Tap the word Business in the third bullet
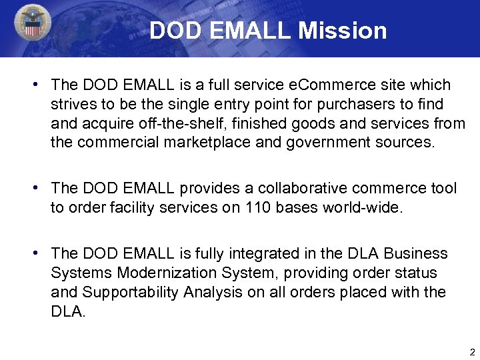coord(418,254)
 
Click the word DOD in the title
coord(173,31)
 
